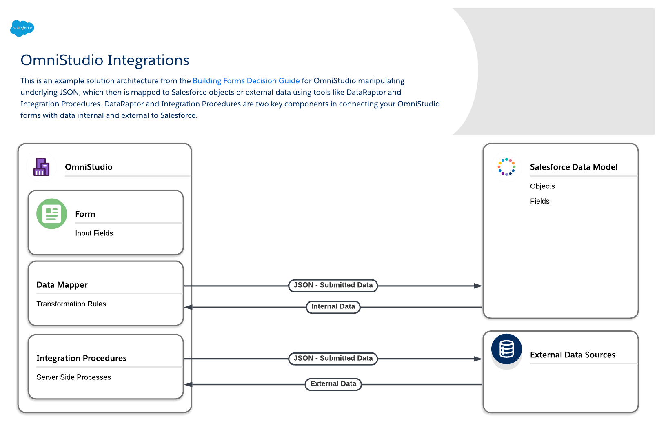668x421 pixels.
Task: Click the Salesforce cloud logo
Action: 22,28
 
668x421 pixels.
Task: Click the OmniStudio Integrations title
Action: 105,60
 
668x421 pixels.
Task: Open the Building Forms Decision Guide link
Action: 246,81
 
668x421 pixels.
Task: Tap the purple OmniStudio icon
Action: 42,167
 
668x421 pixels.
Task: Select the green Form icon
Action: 51,214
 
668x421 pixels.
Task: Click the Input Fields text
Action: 94,233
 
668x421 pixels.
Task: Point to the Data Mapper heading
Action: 62,285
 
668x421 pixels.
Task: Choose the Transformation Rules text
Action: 71,304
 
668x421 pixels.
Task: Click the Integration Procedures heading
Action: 81,358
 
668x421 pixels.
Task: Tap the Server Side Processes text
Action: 73,377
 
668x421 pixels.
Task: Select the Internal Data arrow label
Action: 333,307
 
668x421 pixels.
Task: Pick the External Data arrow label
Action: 333,384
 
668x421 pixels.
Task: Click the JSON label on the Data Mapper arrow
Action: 333,285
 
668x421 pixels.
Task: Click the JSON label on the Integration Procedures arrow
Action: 333,359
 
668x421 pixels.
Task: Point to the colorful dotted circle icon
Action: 506,167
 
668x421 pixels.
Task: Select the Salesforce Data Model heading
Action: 573,167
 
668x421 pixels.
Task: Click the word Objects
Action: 542,186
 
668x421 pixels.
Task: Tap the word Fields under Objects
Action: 539,201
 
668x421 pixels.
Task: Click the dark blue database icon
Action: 506,349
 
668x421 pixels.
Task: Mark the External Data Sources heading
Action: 573,355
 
